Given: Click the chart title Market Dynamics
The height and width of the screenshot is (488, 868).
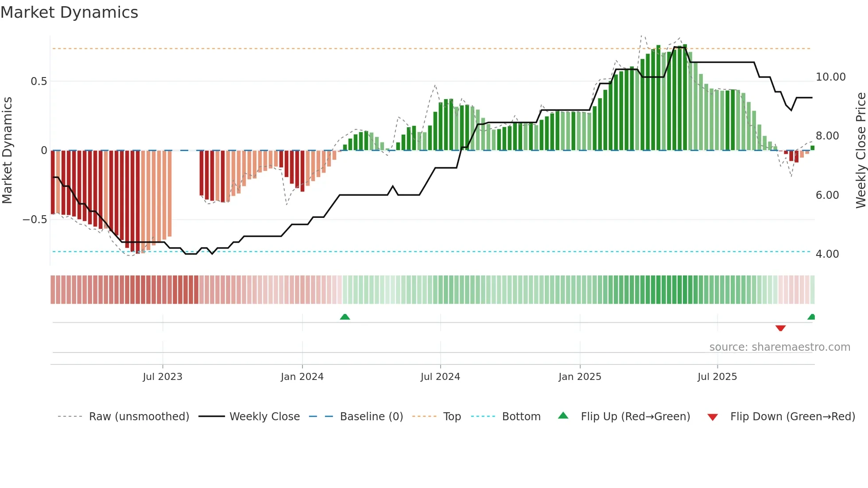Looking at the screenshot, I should click(69, 12).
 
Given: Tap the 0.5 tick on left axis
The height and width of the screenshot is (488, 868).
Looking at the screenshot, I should click(39, 81).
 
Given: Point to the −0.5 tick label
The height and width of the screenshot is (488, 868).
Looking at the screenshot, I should click(35, 220).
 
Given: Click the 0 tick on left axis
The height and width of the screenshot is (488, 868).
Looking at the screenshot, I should click(44, 151).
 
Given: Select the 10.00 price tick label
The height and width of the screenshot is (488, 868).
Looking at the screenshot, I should click(830, 77).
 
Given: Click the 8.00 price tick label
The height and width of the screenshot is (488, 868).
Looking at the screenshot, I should click(827, 136).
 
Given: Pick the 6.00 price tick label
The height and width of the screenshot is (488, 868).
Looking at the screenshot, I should click(827, 195).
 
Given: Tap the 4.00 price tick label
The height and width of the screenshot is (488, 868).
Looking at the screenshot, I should click(827, 254).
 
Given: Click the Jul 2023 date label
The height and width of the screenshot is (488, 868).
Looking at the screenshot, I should click(163, 377).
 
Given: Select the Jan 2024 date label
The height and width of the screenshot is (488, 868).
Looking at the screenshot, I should click(302, 377).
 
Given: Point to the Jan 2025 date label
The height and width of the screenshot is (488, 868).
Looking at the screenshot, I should click(580, 377).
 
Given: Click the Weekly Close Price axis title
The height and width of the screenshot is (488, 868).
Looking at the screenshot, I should click(860, 151).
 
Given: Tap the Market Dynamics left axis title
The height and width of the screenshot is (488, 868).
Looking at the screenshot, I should click(7, 151).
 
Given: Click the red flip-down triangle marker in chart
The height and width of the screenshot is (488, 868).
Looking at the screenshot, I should click(780, 328).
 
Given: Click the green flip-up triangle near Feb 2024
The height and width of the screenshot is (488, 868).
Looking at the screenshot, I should click(345, 317).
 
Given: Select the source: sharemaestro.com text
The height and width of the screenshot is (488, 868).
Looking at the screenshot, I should click(779, 347).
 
